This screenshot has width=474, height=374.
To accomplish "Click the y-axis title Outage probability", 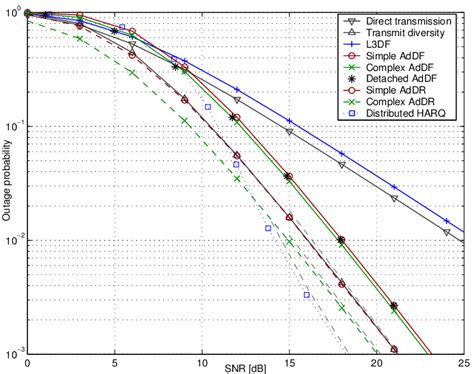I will tap(8, 185).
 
